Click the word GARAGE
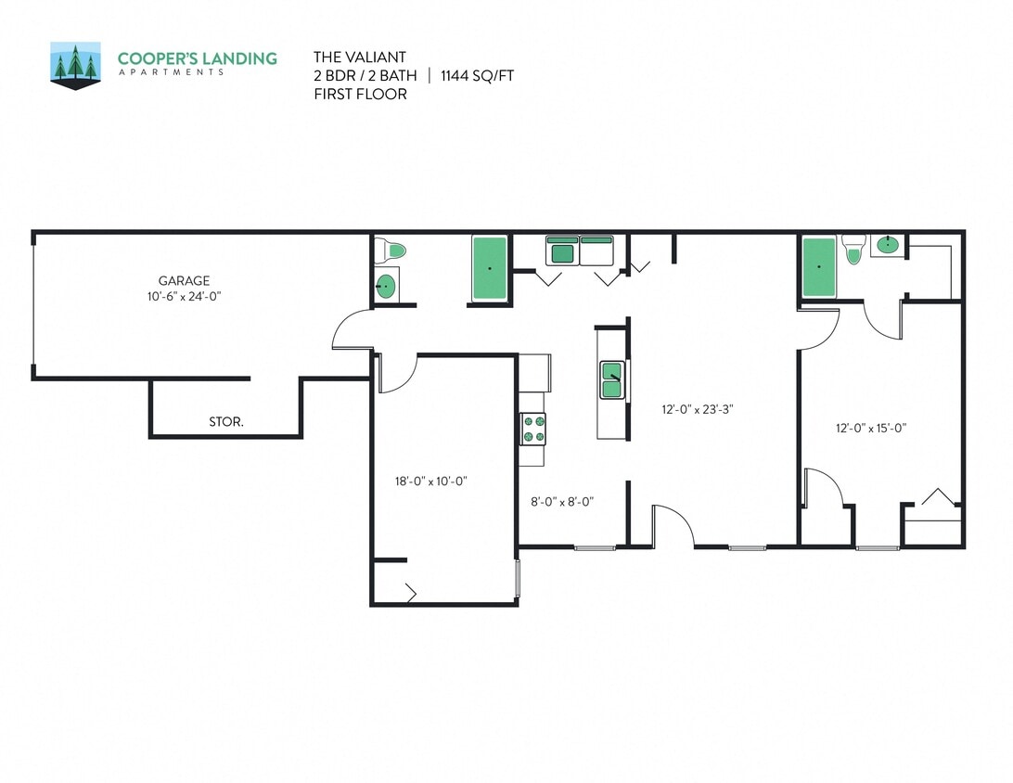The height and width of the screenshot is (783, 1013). click(x=184, y=280)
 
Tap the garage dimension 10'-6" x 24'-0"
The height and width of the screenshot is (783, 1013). click(x=184, y=296)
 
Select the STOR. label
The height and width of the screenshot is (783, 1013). click(x=226, y=422)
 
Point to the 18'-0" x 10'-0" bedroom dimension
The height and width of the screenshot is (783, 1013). click(x=430, y=481)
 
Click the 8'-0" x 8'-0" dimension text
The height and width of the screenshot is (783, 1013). click(x=561, y=502)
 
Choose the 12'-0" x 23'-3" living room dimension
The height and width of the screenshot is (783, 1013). click(x=698, y=408)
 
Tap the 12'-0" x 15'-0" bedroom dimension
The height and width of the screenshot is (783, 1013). click(x=870, y=428)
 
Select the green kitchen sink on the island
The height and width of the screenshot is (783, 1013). click(x=612, y=379)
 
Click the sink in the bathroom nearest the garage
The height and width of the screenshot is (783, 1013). click(x=386, y=287)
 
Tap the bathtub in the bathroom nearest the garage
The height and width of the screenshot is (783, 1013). click(x=490, y=268)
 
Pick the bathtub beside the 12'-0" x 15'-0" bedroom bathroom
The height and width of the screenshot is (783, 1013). click(x=819, y=267)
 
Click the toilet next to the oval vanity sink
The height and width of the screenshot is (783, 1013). click(x=853, y=248)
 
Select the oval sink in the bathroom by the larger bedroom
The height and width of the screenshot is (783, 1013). click(x=888, y=245)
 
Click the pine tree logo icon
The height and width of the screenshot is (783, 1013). click(x=75, y=65)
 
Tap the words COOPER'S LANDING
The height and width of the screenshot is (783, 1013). click(x=197, y=58)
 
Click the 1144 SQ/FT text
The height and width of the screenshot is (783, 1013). click(x=477, y=75)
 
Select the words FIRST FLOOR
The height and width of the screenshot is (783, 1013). click(x=360, y=94)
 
